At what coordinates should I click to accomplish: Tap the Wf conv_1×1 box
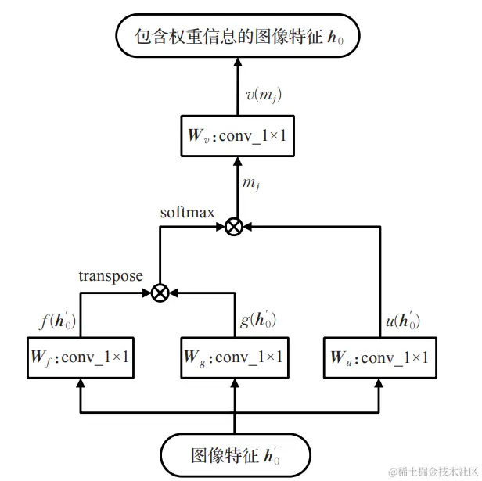point(81,357)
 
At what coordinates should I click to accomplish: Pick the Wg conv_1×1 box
point(234,357)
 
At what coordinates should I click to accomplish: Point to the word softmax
point(188,213)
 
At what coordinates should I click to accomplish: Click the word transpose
point(111,276)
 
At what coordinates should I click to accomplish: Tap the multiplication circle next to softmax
point(233,227)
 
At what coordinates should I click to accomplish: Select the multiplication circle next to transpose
point(160,293)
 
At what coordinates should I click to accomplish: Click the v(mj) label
point(262,95)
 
